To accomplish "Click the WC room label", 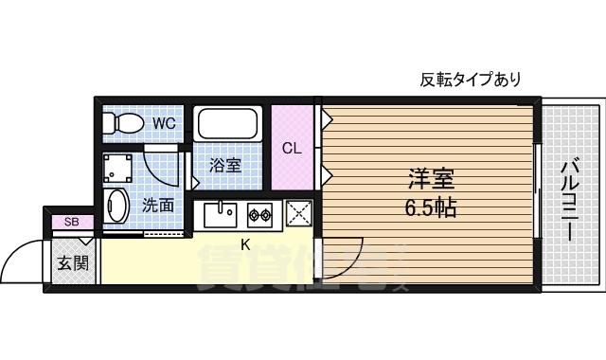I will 163,123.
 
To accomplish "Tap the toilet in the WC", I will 124,122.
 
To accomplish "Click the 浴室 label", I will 224,166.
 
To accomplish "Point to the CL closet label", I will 292,148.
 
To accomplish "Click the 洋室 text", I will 431,178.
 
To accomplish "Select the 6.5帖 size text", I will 431,207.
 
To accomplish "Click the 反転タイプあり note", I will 470,80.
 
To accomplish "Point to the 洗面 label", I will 157,204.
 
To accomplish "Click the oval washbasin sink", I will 117,207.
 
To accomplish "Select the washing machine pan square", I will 119,168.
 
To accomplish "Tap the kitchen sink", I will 222,215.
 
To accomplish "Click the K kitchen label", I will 245,245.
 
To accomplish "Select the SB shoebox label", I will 71,222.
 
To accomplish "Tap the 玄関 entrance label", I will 71,262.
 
